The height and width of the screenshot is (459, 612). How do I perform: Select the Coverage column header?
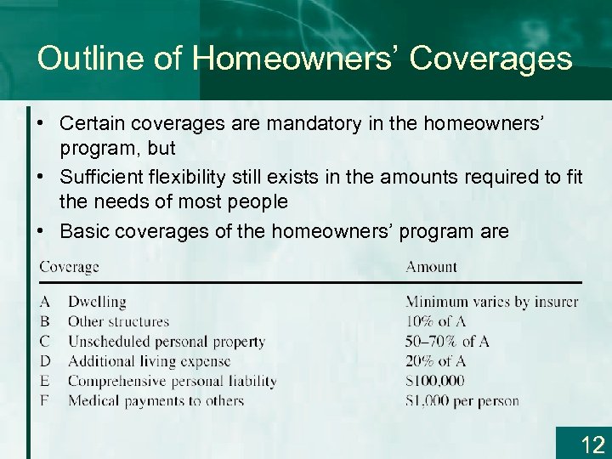coord(69,267)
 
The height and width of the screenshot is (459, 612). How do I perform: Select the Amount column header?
coord(431,267)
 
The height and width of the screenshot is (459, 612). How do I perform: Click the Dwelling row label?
coord(97,302)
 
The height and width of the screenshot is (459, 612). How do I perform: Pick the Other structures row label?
coord(118,321)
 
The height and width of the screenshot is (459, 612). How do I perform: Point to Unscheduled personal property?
coord(167,342)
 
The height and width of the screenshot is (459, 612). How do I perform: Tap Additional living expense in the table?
coord(149,361)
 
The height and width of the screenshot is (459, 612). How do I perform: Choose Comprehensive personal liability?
coord(172,381)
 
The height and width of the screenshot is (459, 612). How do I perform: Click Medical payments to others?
coord(156,400)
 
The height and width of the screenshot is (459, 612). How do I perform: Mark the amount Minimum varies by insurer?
coord(491,302)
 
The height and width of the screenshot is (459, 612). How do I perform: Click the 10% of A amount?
coord(435,321)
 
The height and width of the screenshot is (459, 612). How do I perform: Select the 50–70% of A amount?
coord(447,342)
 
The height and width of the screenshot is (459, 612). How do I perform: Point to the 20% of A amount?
coord(435,361)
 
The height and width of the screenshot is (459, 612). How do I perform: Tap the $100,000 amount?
coord(435,381)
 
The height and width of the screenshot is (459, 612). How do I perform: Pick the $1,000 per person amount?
coord(462,400)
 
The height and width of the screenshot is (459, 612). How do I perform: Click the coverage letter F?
coord(44,400)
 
